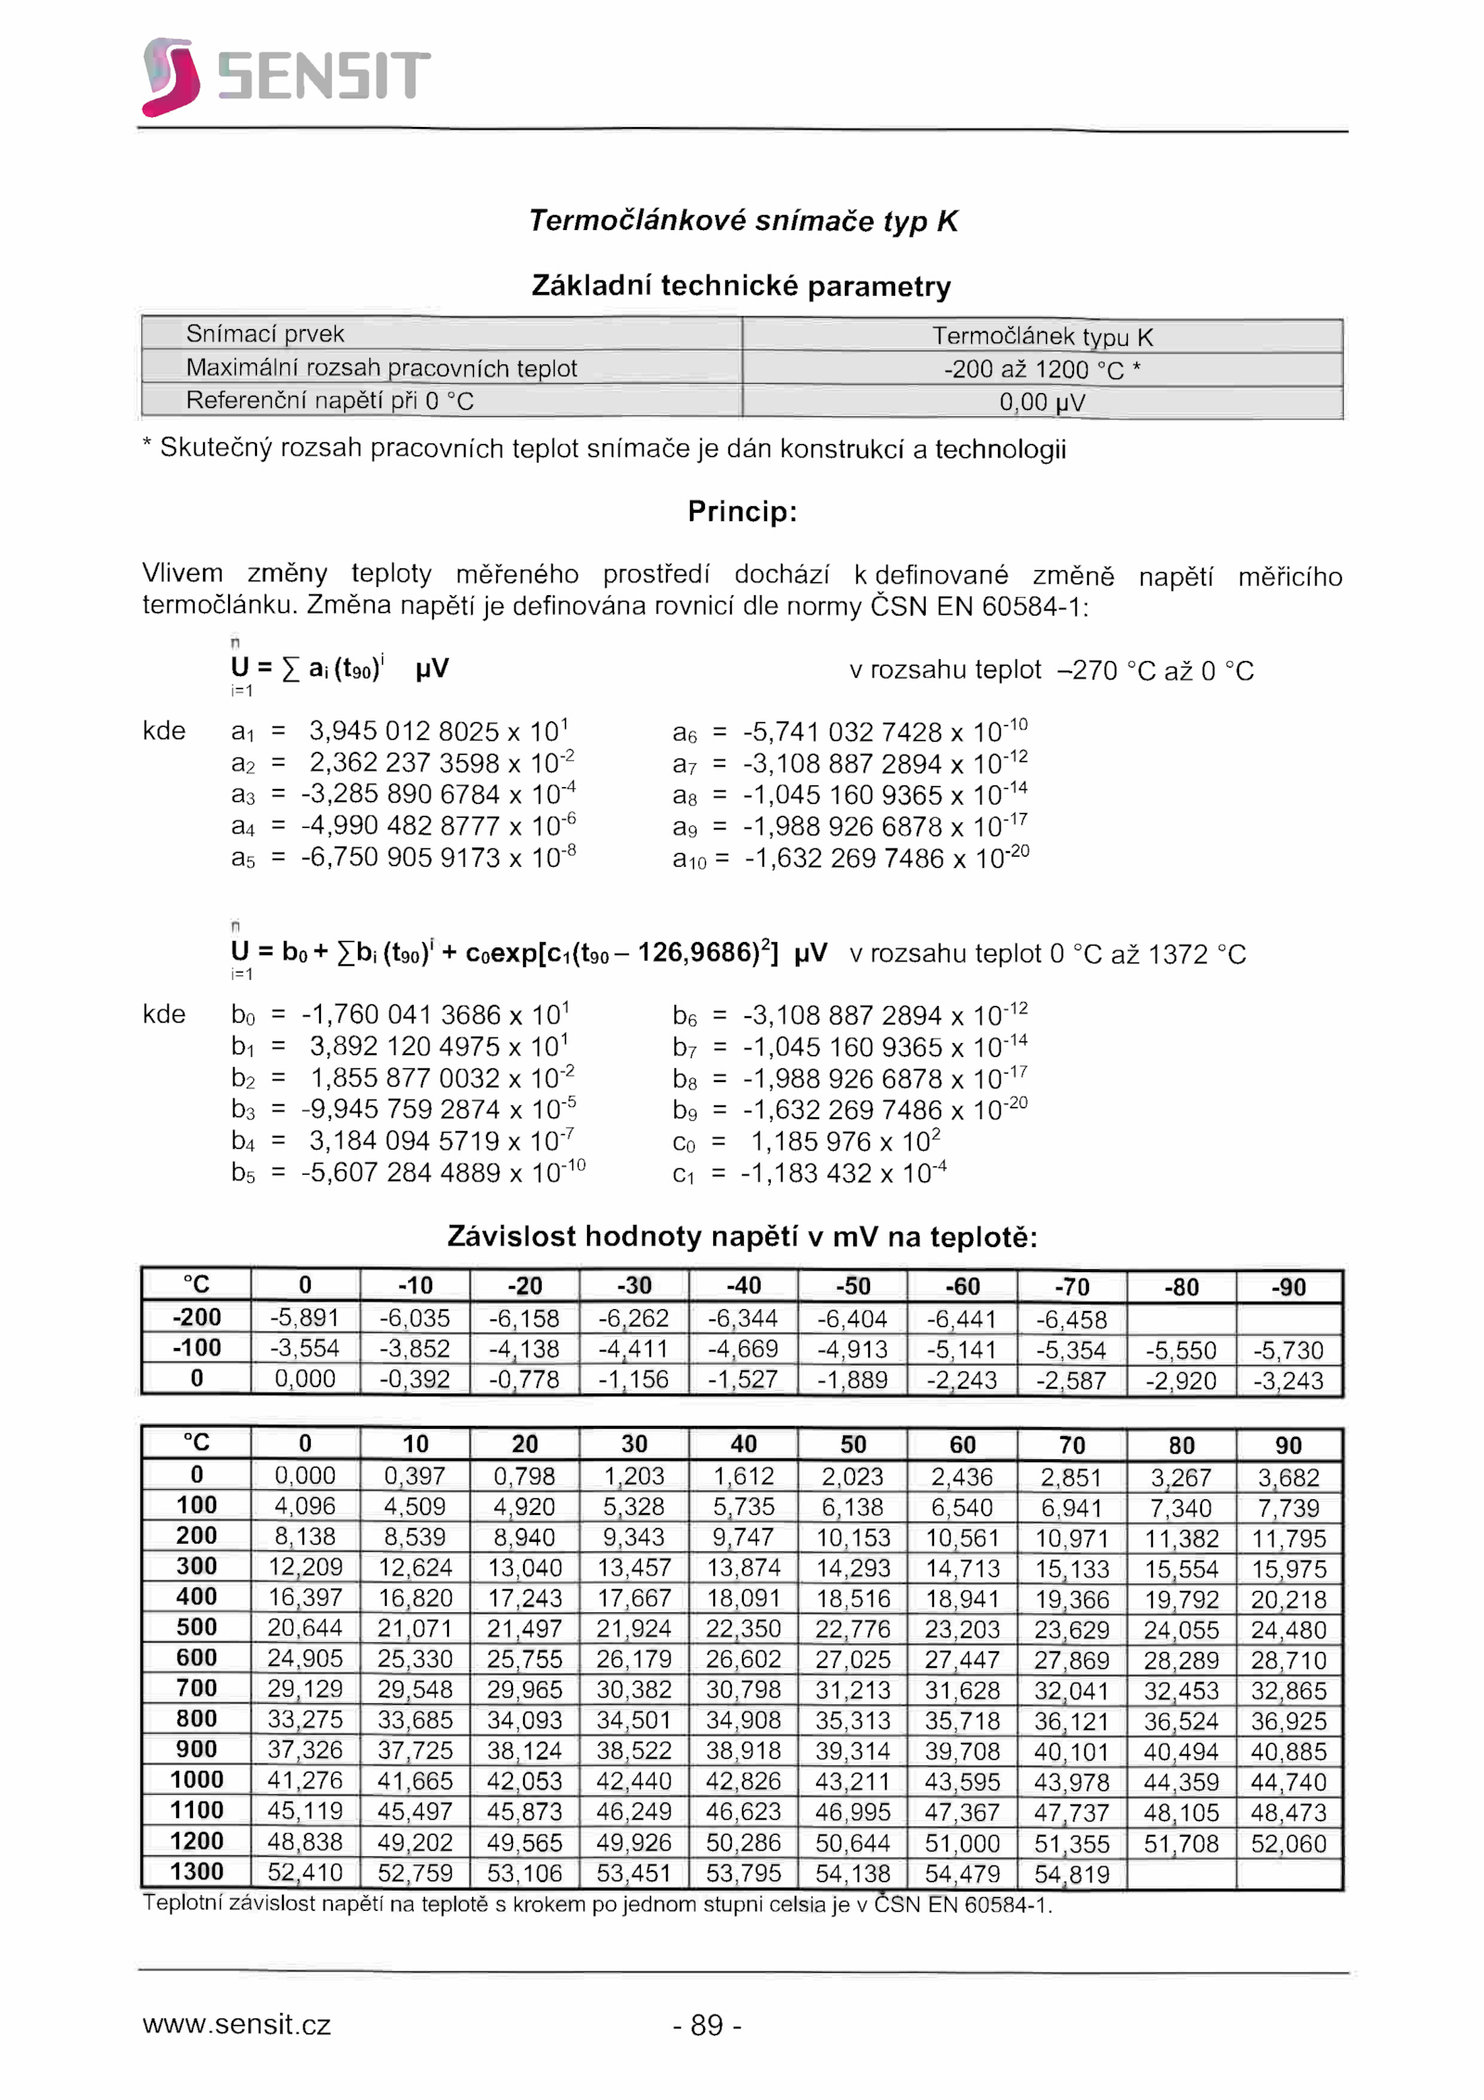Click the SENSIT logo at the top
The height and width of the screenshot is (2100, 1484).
[286, 76]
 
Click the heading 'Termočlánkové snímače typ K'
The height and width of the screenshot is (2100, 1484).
[742, 221]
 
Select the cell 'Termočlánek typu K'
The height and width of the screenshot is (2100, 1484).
[1042, 336]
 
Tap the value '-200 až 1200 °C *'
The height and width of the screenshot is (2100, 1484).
[1042, 369]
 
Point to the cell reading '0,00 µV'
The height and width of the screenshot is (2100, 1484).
[1042, 401]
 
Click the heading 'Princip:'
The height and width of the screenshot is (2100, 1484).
[742, 512]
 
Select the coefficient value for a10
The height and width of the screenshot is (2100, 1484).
[887, 859]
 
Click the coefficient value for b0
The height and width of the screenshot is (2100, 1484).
[435, 1014]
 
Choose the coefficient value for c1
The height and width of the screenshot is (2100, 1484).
[843, 1174]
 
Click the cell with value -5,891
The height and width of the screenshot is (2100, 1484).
[304, 1317]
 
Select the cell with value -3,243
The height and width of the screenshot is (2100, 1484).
[1288, 1381]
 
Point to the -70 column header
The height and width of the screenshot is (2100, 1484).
[1071, 1287]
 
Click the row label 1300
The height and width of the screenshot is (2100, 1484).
[197, 1872]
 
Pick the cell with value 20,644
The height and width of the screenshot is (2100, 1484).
[304, 1628]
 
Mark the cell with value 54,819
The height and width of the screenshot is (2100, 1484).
[1071, 1874]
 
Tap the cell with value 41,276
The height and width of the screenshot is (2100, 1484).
[304, 1780]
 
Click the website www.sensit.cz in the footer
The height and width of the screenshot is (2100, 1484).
[237, 2025]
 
